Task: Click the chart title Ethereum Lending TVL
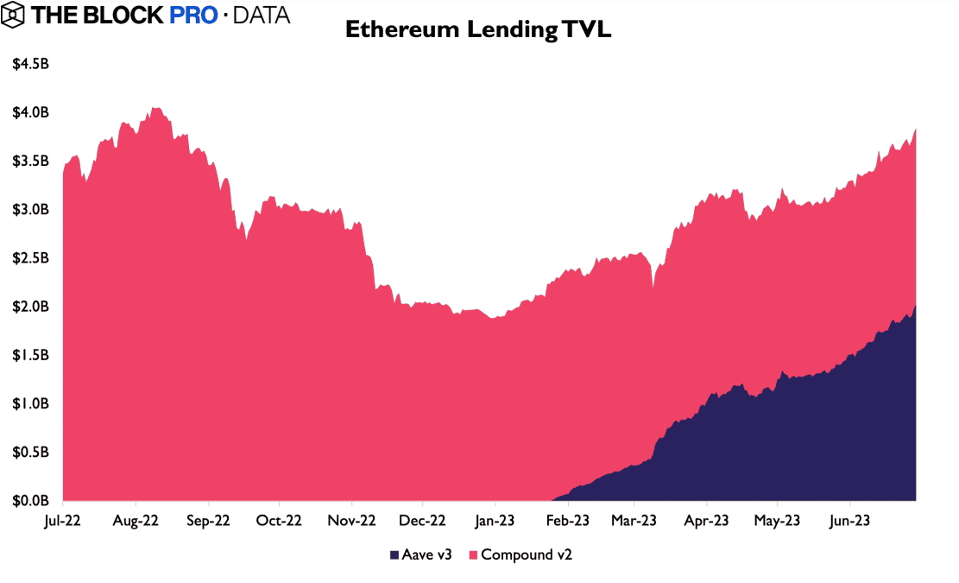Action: (479, 29)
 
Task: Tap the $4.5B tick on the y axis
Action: (30, 65)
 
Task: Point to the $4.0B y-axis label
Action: (30, 113)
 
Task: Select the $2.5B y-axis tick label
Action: (30, 258)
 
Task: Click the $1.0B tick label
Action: (30, 403)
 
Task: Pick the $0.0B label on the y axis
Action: (30, 500)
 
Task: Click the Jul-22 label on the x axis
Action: (64, 521)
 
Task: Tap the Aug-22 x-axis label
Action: (136, 521)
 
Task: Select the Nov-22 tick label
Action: (351, 521)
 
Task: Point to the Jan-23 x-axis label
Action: (495, 521)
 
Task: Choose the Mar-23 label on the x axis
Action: (634, 521)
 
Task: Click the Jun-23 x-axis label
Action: (849, 521)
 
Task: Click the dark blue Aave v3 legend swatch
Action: (394, 554)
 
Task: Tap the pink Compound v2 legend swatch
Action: (473, 554)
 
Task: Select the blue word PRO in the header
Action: (193, 16)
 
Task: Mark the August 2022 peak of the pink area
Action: (155, 108)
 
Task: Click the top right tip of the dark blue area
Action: (915, 305)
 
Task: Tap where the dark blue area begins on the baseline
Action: (551, 499)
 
